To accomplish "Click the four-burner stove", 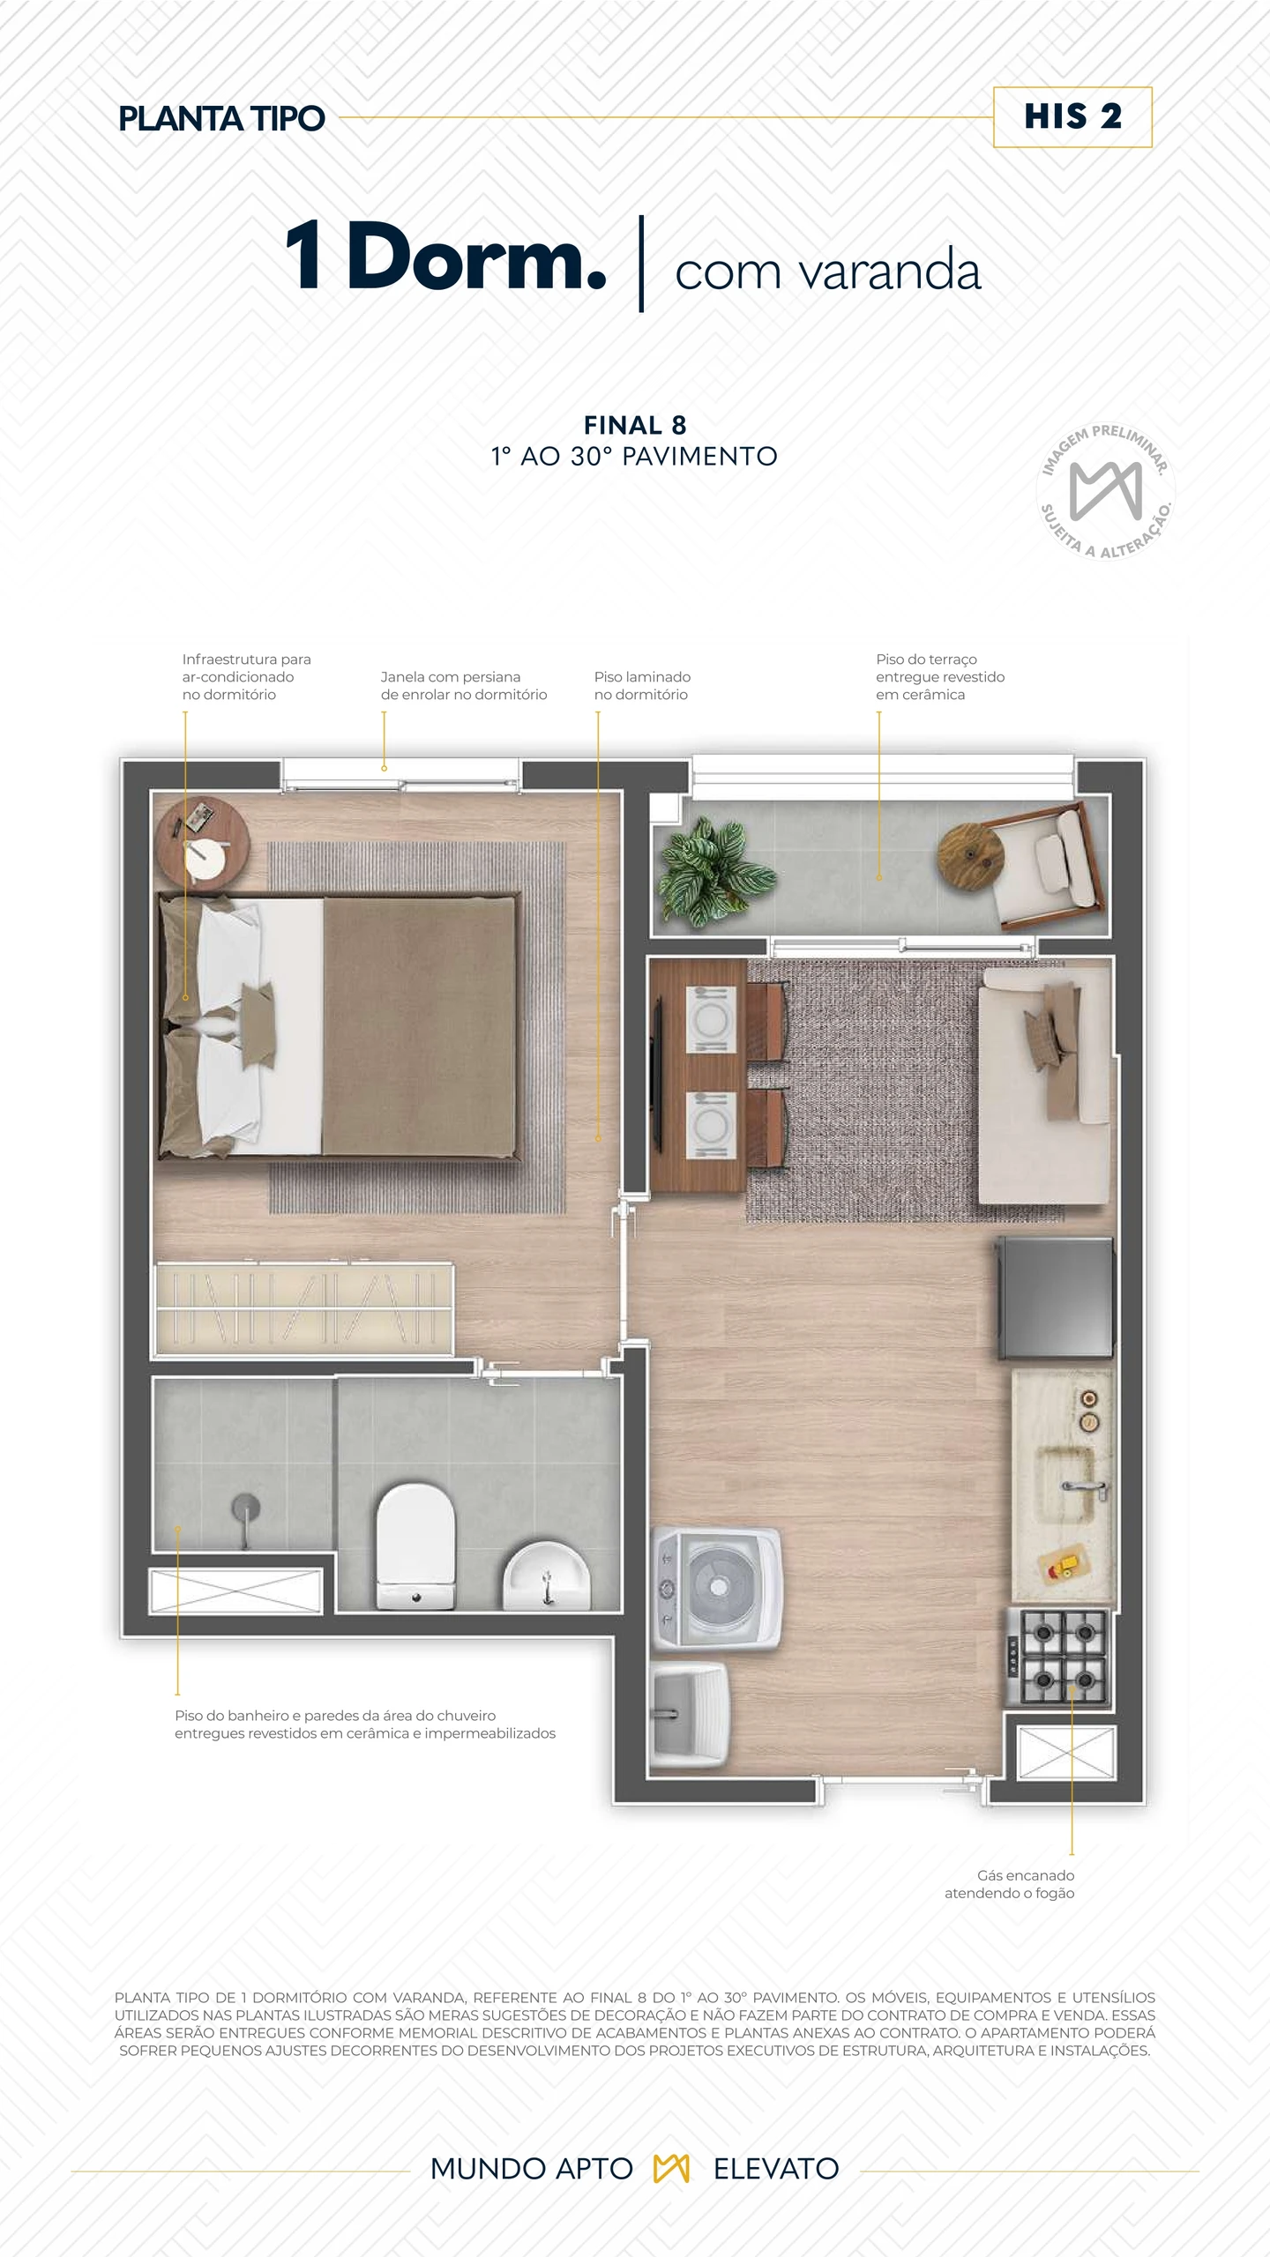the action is pyautogui.click(x=1058, y=1657).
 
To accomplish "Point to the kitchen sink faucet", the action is pyautogui.click(x=1086, y=1488).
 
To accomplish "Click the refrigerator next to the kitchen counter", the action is pyautogui.click(x=1055, y=1298).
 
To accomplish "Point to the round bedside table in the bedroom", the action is pyautogui.click(x=202, y=844).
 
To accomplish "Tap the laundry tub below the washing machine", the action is pyautogui.click(x=691, y=1717).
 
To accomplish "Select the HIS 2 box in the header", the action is pyautogui.click(x=1072, y=117).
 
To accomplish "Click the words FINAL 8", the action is pyautogui.click(x=635, y=425).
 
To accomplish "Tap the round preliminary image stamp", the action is pyautogui.click(x=1105, y=491).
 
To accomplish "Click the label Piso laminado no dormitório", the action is pyautogui.click(x=642, y=685).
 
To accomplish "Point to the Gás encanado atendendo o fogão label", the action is pyautogui.click(x=1009, y=1884).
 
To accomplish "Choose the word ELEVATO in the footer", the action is pyautogui.click(x=776, y=2168).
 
